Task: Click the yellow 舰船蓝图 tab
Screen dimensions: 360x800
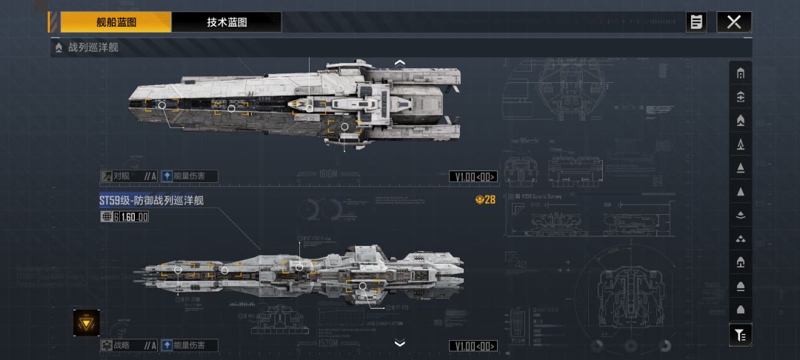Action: coord(116,22)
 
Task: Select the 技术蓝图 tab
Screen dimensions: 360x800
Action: coord(227,22)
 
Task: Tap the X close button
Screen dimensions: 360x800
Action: coord(733,22)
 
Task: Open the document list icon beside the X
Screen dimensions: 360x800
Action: coord(696,22)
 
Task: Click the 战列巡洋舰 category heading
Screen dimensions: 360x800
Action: coord(93,48)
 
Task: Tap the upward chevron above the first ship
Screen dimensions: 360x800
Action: coord(400,63)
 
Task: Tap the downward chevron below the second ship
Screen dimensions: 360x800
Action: coord(400,343)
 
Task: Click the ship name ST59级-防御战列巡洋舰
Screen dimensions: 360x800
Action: coord(151,201)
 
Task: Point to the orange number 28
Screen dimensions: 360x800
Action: coord(489,199)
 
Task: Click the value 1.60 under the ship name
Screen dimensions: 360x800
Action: coord(133,217)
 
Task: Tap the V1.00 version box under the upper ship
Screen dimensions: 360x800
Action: coord(473,176)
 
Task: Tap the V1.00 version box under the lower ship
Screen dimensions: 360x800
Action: coord(473,346)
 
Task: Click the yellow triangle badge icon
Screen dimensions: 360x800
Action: coord(86,322)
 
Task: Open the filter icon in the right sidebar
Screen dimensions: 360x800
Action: coord(740,335)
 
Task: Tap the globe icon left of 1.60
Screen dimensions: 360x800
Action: coord(107,217)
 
